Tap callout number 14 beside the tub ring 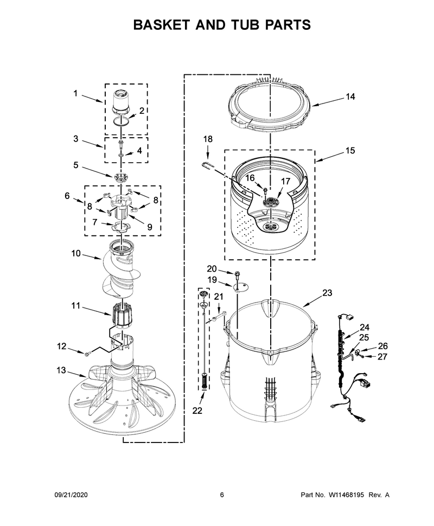tap(350, 97)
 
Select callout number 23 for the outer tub tap(327, 292)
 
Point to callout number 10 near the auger tap(76, 253)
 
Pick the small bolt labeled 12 tap(88, 353)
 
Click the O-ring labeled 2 tap(120, 121)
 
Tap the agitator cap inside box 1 tap(120, 101)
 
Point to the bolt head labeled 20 tap(237, 273)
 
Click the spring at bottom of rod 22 tap(205, 381)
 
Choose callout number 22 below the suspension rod tap(197, 410)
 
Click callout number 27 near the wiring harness tap(382, 357)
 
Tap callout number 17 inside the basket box tap(285, 182)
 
